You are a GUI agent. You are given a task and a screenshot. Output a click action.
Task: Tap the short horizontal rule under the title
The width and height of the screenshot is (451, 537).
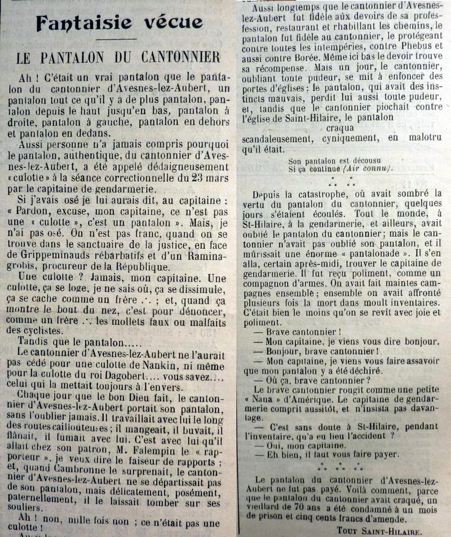(120, 39)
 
